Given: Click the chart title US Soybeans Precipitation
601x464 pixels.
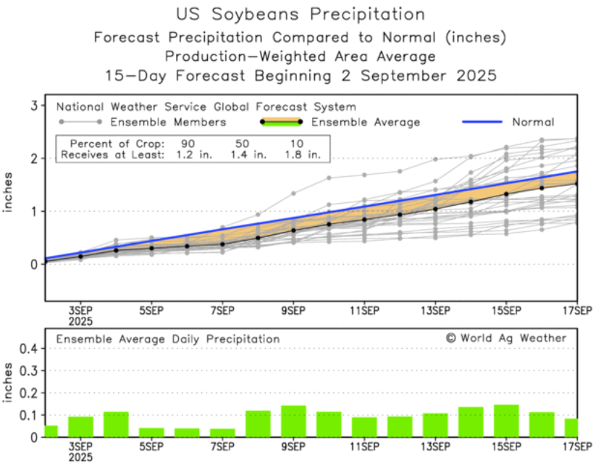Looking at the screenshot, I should (x=300, y=14).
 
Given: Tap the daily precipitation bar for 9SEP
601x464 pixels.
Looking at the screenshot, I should (x=293, y=421).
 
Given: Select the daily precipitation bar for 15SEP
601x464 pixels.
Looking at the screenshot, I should (x=506, y=420).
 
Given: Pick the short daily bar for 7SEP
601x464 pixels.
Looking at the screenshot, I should (x=222, y=432).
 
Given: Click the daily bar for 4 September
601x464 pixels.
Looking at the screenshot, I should (x=116, y=424).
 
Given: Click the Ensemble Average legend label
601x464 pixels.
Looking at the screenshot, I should (x=366, y=122).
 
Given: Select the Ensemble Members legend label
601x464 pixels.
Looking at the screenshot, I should (x=170, y=122).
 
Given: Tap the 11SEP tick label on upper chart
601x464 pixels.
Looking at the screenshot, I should (x=364, y=311).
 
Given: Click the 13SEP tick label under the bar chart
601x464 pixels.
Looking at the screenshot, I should (x=435, y=448).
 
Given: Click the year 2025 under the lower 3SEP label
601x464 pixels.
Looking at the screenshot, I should (x=80, y=457).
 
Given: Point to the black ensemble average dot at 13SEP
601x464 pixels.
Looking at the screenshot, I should (x=435, y=208).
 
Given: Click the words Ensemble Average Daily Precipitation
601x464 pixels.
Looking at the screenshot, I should (x=168, y=339).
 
